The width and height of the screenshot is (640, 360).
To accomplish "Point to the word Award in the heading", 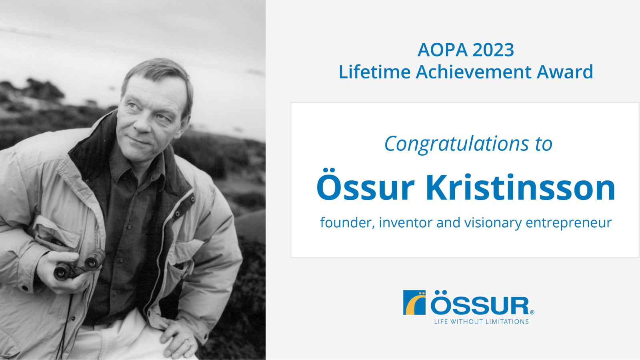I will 564,72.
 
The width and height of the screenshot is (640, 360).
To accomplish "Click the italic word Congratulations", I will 456,144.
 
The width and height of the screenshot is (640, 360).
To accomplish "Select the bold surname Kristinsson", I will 520,188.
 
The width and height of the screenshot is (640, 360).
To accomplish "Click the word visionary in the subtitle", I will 493,222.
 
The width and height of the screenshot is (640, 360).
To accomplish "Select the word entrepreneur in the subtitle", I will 568,222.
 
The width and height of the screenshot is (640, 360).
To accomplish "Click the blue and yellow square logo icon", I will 414,302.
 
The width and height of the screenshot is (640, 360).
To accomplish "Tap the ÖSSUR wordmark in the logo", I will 480,305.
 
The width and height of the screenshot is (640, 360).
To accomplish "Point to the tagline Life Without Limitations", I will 481,322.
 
